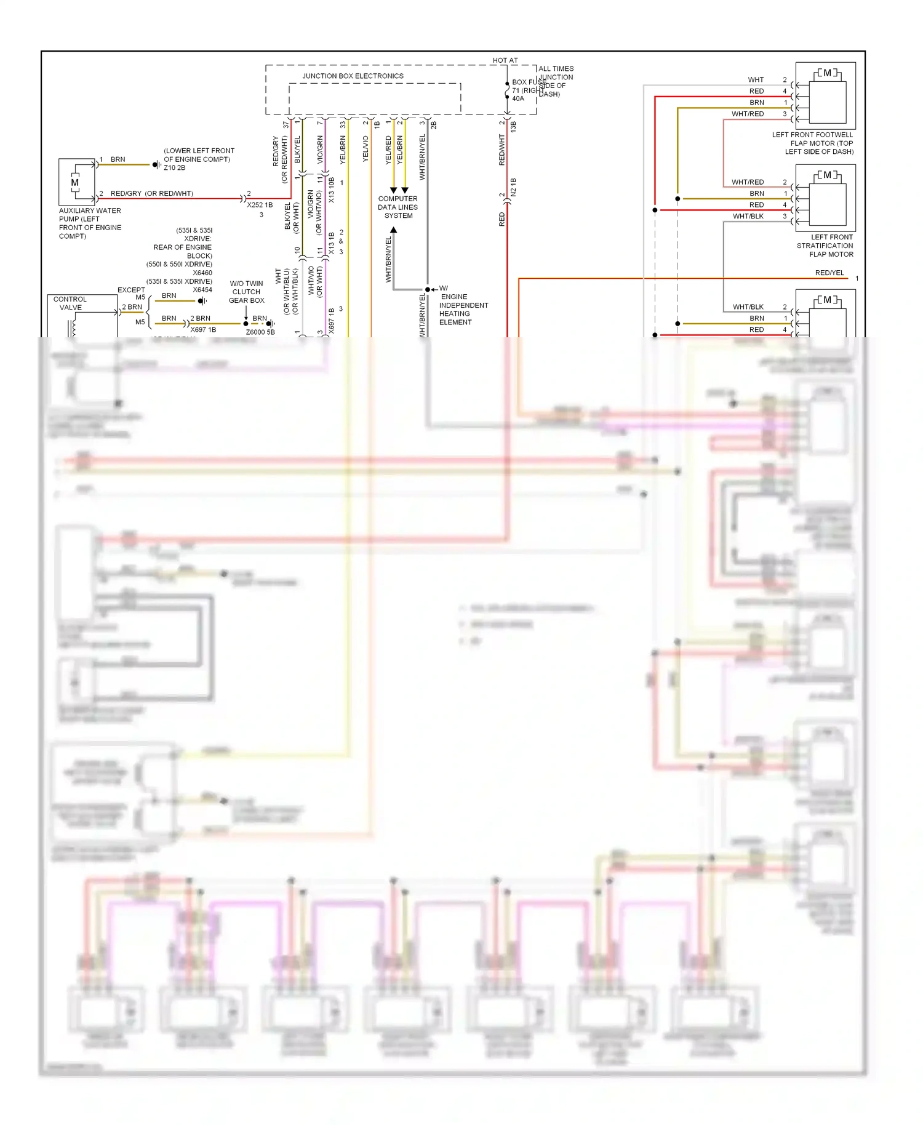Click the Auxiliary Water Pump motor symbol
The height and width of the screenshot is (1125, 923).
[75, 182]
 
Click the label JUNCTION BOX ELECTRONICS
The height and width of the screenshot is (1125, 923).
[353, 76]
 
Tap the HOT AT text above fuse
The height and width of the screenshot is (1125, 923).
[505, 60]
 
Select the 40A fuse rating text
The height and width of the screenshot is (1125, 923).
[518, 98]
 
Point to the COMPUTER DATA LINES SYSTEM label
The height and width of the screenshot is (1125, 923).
[398, 207]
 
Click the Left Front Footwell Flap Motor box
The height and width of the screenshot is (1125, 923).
[825, 95]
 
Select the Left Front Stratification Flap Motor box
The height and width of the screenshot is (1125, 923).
[825, 198]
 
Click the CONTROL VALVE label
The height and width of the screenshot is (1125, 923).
[70, 303]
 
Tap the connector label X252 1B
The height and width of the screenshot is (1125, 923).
[260, 205]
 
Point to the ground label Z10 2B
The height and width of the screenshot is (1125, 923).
[174, 167]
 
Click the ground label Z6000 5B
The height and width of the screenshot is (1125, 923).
[260, 332]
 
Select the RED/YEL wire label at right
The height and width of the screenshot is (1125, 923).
[829, 273]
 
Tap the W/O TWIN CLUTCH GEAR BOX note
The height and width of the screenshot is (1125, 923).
[246, 292]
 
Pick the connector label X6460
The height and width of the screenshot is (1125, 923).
[202, 273]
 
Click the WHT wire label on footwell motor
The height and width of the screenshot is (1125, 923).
[756, 80]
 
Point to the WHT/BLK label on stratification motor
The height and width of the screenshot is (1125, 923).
[748, 217]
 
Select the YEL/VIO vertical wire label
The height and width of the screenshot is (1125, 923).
[366, 149]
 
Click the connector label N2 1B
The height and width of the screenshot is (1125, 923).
[513, 187]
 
